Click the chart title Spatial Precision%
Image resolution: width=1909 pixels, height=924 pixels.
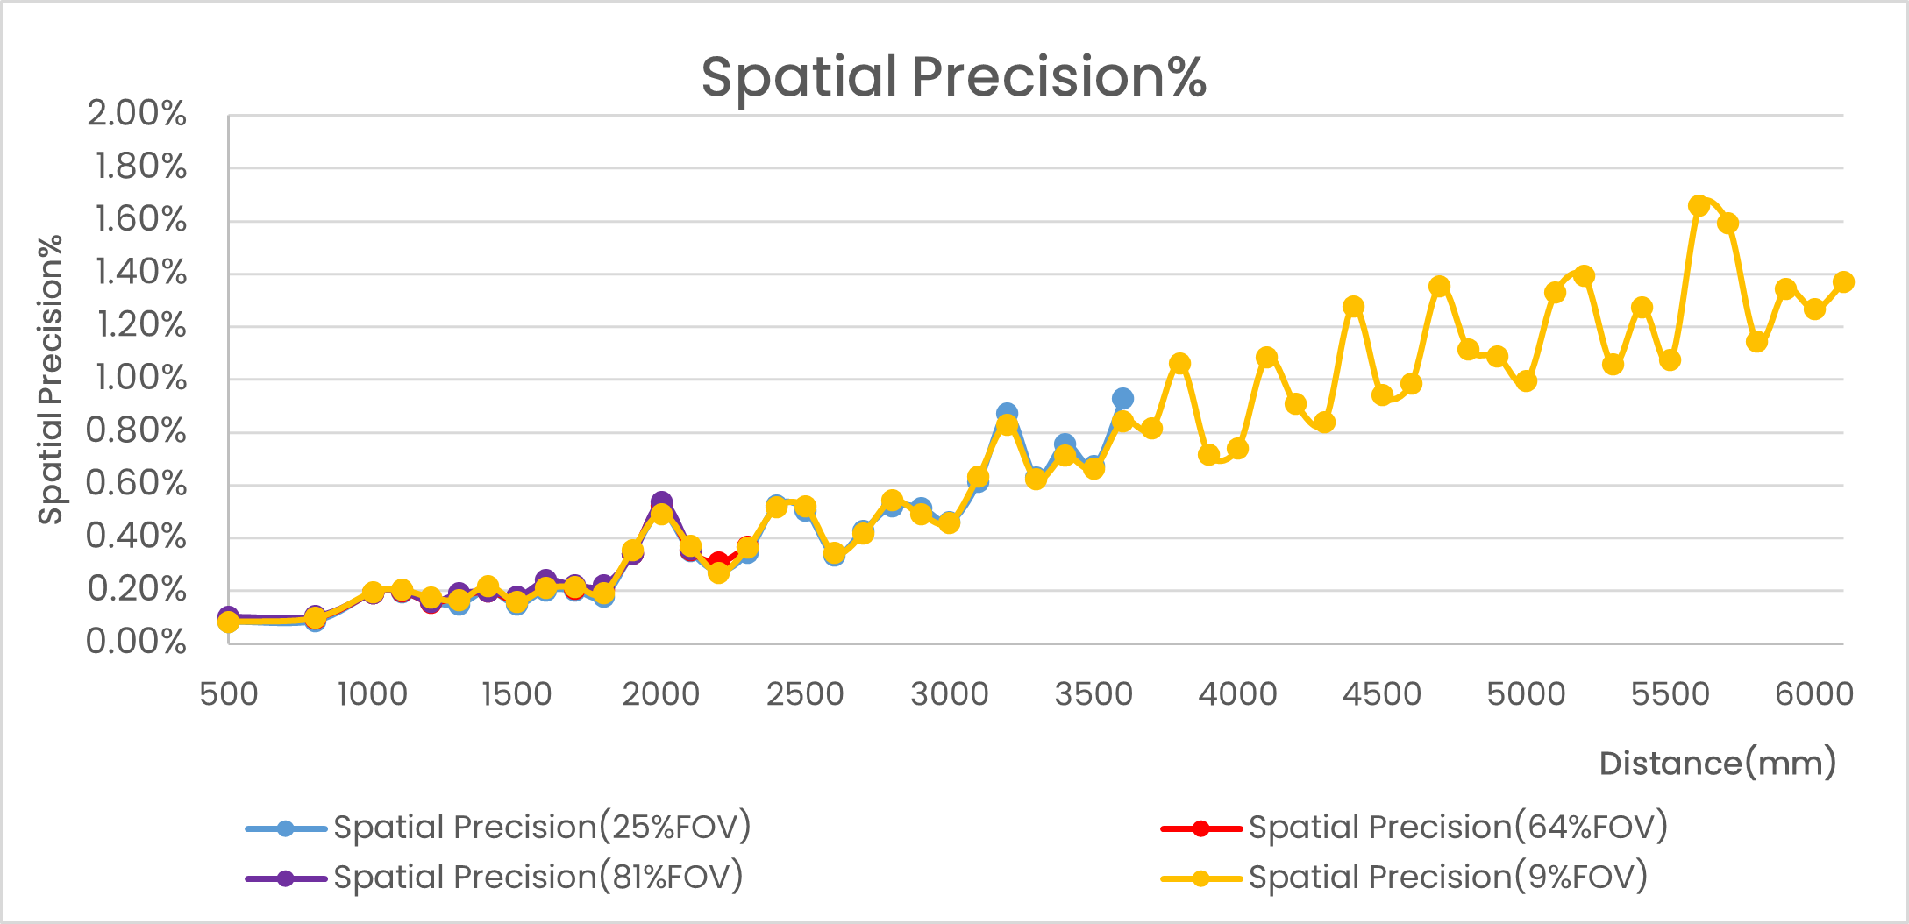(953, 77)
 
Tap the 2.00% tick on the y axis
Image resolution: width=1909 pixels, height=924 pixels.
(136, 114)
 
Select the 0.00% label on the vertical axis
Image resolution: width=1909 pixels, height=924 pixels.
(136, 642)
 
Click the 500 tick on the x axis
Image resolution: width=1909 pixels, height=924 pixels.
(229, 694)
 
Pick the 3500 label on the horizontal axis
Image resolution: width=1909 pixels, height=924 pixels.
(1093, 694)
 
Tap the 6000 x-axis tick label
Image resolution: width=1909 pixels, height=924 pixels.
(1813, 694)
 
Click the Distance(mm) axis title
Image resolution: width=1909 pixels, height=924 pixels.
(1717, 764)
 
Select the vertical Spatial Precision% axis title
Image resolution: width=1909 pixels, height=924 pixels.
(51, 379)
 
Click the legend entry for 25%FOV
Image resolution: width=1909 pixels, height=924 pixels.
(541, 828)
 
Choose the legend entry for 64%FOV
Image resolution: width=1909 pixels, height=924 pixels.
(1457, 828)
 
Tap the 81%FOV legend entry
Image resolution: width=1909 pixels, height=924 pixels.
(538, 878)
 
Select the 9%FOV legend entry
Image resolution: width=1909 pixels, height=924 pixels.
(1447, 878)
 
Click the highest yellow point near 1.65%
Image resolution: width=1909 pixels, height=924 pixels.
(1699, 206)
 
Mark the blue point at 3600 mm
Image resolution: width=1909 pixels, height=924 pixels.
(1122, 399)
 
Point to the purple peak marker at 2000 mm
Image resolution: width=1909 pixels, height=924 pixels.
(661, 502)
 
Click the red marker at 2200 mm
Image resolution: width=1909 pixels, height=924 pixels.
(719, 561)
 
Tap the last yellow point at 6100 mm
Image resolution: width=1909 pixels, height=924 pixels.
(1843, 282)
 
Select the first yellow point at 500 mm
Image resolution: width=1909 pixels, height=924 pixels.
(229, 622)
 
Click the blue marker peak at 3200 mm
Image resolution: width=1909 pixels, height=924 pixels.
(1007, 412)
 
